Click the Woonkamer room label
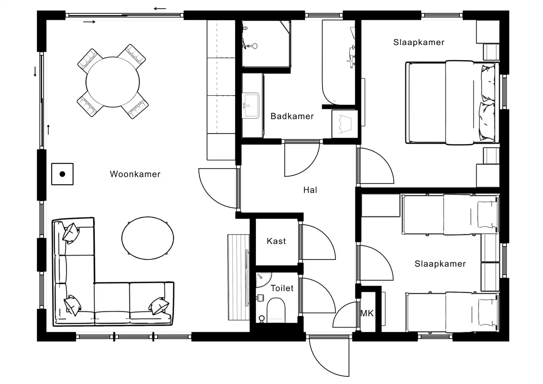[135, 174]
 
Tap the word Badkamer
[292, 116]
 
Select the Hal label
[310, 190]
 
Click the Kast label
[276, 241]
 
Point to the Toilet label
[282, 288]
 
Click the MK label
[367, 313]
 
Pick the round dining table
[113, 82]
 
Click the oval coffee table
[148, 238]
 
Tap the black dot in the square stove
[63, 174]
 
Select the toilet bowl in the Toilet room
[276, 310]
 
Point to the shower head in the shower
[255, 46]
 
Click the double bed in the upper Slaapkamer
[451, 102]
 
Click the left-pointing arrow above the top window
[160, 8]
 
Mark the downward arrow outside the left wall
[35, 72]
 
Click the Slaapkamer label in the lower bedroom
[440, 264]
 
